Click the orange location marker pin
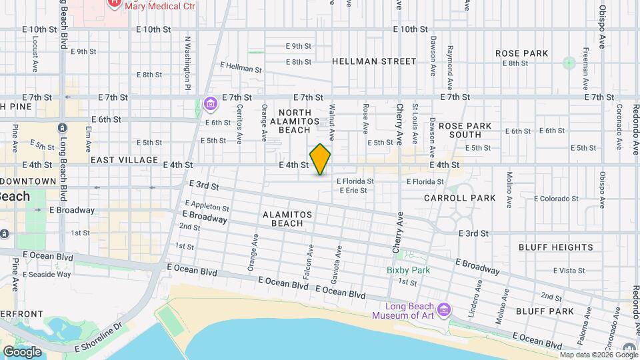coord(321,159)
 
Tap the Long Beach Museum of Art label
coord(403,311)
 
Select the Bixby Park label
coord(408,270)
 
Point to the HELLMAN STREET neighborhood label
coord(374,61)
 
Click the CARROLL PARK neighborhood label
coord(460,198)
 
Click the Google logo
coord(21,351)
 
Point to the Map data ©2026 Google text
coord(599,355)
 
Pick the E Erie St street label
coord(353,191)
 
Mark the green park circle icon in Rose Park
coord(569,63)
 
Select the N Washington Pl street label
coord(189,64)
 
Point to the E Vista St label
coord(569,271)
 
